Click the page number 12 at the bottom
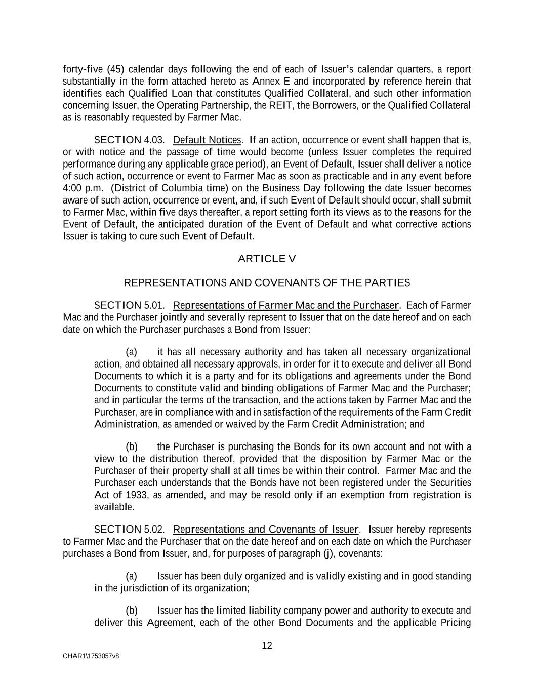coord(267,646)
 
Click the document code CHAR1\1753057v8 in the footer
coord(91,656)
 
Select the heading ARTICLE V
coord(267,259)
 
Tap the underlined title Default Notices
coord(207,140)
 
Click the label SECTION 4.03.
coord(129,140)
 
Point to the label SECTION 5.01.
coord(129,305)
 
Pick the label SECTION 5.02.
coord(129,530)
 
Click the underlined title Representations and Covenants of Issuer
coord(266,530)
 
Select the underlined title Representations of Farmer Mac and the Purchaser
coord(286,305)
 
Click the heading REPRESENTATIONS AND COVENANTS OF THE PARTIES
coord(267,282)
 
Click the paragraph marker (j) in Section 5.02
coord(328,553)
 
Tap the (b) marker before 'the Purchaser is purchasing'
coord(132,447)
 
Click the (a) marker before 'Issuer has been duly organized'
coord(132,576)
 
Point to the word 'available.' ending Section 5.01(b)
coord(114,507)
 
